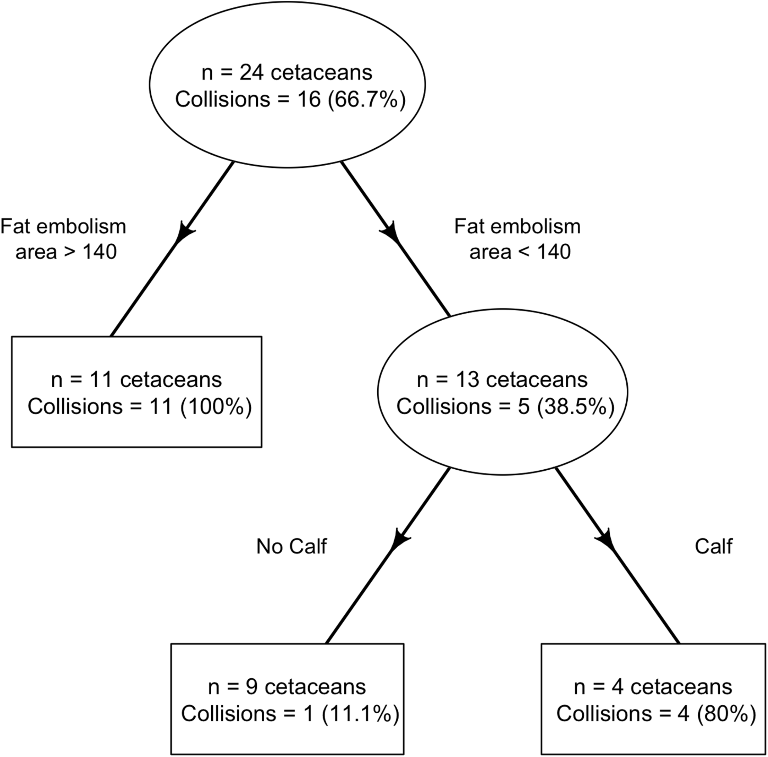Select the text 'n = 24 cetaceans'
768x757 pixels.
(x=287, y=73)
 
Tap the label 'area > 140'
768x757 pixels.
(x=66, y=252)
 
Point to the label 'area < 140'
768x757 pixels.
(x=520, y=252)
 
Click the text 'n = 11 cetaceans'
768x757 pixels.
(x=136, y=380)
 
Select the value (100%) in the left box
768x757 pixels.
(x=216, y=406)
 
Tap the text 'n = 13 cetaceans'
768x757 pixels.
(x=502, y=380)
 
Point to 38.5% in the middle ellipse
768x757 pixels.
(x=576, y=406)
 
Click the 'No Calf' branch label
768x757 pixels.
(x=291, y=546)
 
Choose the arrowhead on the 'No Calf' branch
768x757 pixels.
(x=399, y=540)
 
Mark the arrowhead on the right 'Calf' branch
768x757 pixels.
(x=606, y=540)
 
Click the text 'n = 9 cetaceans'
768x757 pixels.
(x=287, y=687)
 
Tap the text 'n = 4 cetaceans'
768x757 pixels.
(x=653, y=687)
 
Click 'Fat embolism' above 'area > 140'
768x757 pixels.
(x=63, y=227)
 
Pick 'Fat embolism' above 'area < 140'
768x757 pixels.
(x=517, y=227)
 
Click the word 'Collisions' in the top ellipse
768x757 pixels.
(x=222, y=99)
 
